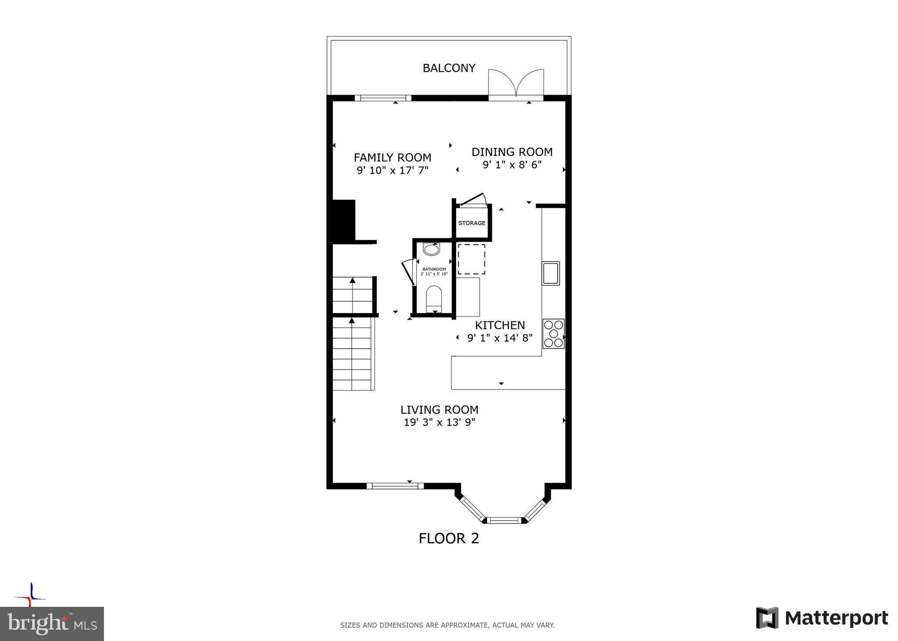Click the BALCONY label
[449, 68]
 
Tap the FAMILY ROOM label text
[392, 157]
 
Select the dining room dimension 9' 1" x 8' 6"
[512, 165]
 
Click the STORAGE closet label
[472, 223]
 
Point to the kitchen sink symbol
[551, 273]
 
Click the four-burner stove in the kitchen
[553, 334]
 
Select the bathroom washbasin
[431, 249]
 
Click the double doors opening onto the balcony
[516, 84]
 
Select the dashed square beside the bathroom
[471, 259]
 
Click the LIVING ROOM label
[439, 410]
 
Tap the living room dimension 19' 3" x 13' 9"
[439, 423]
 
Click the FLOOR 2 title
[449, 538]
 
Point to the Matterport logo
[822, 618]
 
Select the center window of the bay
[504, 520]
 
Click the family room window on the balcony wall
[383, 98]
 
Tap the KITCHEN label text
[500, 325]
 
